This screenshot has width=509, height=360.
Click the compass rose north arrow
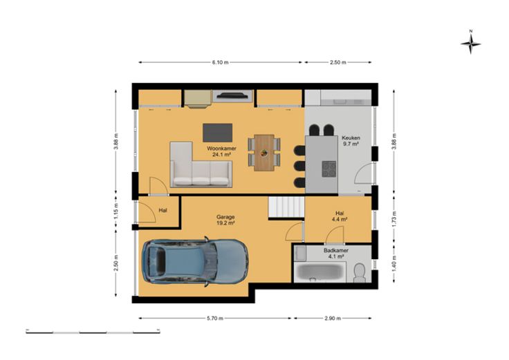coord(471,42)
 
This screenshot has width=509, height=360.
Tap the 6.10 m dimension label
coord(221,62)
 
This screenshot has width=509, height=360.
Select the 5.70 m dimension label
coord(215,318)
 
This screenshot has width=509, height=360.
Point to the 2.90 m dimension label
coord(333,318)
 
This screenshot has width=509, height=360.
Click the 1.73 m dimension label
coord(394,219)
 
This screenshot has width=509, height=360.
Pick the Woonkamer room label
coord(222,149)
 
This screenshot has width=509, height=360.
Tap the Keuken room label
coord(351,138)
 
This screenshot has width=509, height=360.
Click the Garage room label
coord(225,217)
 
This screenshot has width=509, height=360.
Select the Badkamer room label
coord(336,250)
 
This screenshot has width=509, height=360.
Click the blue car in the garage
coord(195,262)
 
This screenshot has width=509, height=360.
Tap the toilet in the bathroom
coord(360,272)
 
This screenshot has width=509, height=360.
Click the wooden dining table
coord(264,153)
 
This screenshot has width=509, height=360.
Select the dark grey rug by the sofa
coord(217,133)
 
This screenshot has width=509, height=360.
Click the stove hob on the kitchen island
coord(328,169)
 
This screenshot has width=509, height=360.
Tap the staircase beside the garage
coord(286,207)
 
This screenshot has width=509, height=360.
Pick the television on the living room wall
coord(232,95)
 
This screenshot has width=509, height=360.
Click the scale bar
coord(93,332)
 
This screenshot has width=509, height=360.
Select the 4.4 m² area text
coord(340,219)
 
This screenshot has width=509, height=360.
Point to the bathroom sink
coord(300,254)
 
